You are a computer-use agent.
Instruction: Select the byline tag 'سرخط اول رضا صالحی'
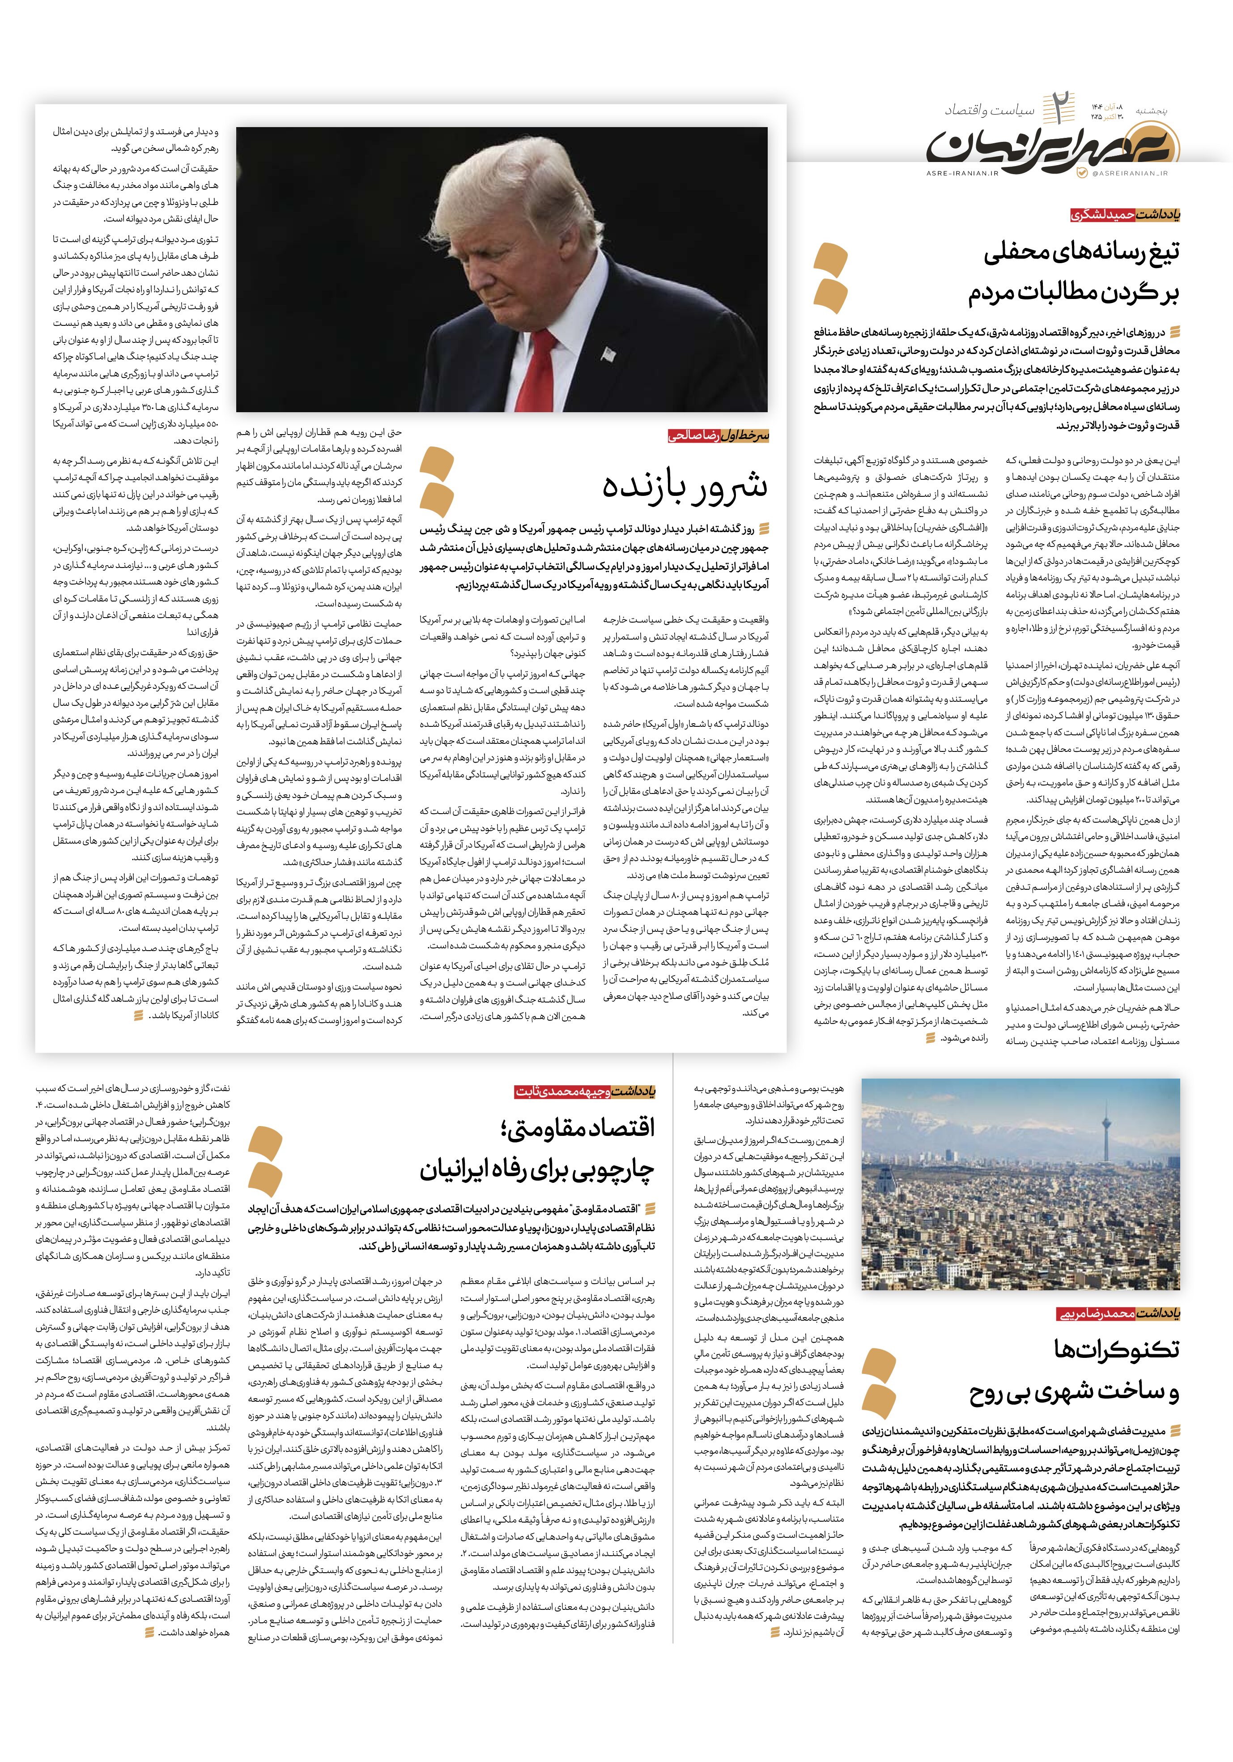point(718,435)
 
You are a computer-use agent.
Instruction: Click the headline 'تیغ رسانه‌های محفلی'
point(1082,251)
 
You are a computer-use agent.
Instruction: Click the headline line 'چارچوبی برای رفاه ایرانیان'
point(536,1170)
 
